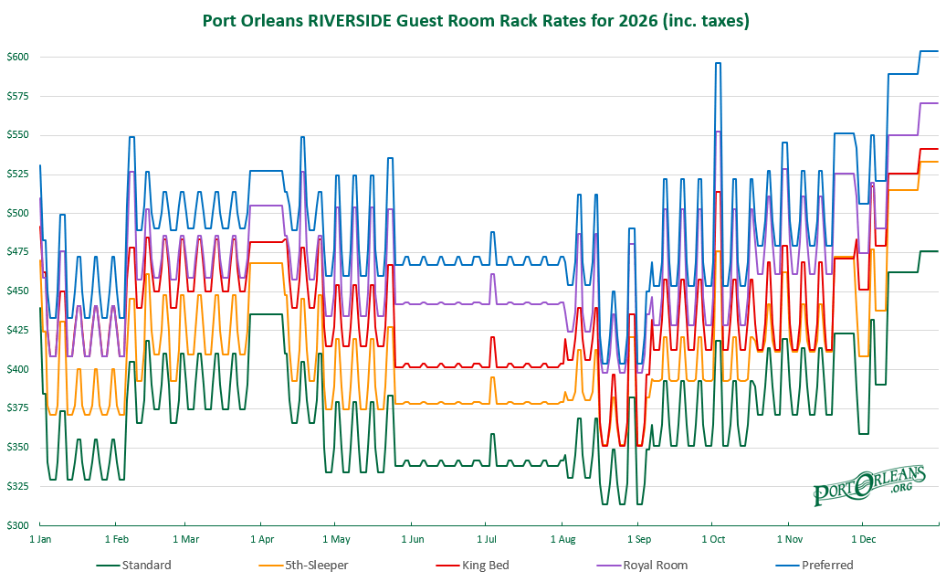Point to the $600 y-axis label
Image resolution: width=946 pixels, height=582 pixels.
pyautogui.click(x=17, y=57)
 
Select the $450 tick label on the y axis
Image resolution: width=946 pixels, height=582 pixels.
pyautogui.click(x=17, y=291)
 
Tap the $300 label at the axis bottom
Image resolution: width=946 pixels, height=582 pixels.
pyautogui.click(x=17, y=525)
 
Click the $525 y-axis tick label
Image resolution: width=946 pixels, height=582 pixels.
pyautogui.click(x=17, y=174)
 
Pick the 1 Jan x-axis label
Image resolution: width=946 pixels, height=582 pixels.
pyautogui.click(x=40, y=539)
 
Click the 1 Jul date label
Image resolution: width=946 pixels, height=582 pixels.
pyautogui.click(x=487, y=539)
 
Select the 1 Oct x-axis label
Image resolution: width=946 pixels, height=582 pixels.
pyautogui.click(x=713, y=539)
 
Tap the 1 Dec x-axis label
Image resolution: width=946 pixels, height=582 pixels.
pyautogui.click(x=863, y=539)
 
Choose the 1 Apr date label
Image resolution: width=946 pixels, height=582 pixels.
pyautogui.click(x=262, y=539)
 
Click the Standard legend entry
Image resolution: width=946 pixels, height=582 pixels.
pyautogui.click(x=134, y=565)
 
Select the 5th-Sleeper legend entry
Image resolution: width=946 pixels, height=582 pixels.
pyautogui.click(x=303, y=565)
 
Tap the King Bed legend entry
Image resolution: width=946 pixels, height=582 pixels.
pyautogui.click(x=473, y=565)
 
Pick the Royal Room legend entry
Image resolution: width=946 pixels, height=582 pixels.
pyautogui.click(x=642, y=565)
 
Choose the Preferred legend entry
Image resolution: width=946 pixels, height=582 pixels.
pyautogui.click(x=815, y=565)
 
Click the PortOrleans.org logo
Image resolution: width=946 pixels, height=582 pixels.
pyautogui.click(x=869, y=485)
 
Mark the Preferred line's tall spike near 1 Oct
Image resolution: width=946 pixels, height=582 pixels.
pyautogui.click(x=718, y=63)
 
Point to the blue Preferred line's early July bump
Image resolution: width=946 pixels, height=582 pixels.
pyautogui.click(x=492, y=232)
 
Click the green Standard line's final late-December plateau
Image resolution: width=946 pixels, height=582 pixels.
pyautogui.click(x=930, y=251)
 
